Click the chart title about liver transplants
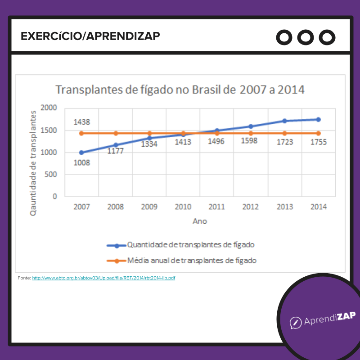[x=180, y=90]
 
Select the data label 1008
[x=81, y=162]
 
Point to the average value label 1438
[x=81, y=122]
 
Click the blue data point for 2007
[x=81, y=153]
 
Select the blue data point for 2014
[x=318, y=120]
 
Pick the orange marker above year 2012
[x=251, y=133]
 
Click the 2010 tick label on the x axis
[x=183, y=207]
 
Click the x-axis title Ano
[x=200, y=221]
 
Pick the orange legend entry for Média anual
[x=182, y=261]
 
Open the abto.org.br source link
[x=103, y=278]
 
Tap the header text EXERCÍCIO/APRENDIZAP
[x=90, y=36]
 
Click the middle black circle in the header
[x=306, y=37]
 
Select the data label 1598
[x=251, y=142]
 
